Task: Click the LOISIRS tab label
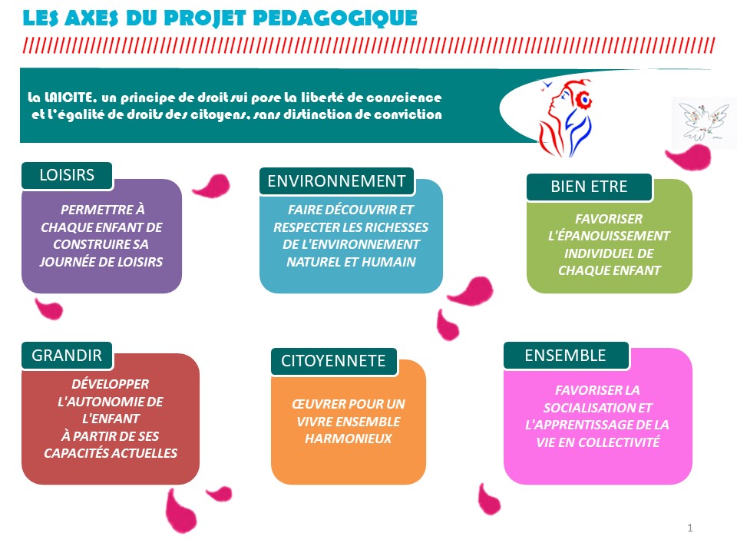click(67, 175)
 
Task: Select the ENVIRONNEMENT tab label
click(336, 181)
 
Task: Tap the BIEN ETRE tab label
click(589, 187)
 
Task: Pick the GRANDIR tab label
click(67, 356)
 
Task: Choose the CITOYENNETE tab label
click(333, 361)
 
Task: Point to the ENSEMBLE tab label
click(566, 356)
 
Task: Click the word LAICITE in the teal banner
click(70, 98)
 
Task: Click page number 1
click(690, 528)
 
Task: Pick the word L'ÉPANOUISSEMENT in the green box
click(609, 236)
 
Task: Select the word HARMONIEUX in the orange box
click(348, 439)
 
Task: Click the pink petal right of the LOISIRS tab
click(210, 186)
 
